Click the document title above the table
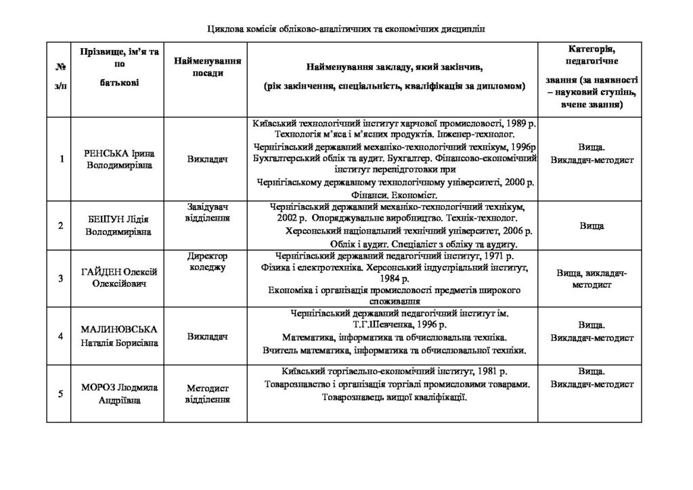click(x=346, y=29)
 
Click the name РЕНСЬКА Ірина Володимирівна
click(x=121, y=159)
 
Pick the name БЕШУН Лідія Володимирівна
click(x=121, y=225)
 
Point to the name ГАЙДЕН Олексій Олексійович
click(x=121, y=277)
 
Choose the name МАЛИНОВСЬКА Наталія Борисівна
click(x=121, y=336)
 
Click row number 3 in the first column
click(x=61, y=278)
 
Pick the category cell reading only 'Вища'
click(x=591, y=225)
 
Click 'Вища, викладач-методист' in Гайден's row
click(x=591, y=279)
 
